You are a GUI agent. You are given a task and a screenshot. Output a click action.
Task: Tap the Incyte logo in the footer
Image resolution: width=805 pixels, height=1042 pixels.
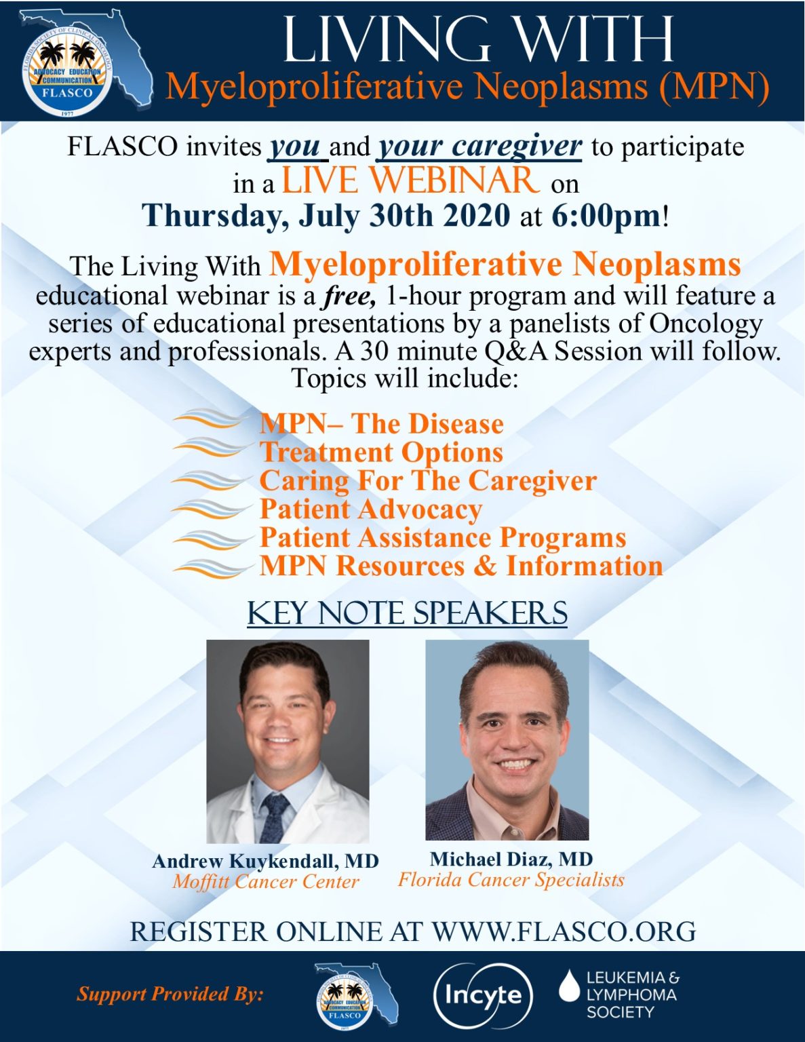coord(483,995)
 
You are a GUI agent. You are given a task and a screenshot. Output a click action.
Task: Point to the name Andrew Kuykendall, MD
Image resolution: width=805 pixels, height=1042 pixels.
coord(265,861)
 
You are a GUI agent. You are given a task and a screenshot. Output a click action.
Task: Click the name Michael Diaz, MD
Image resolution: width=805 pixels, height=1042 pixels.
coord(511,859)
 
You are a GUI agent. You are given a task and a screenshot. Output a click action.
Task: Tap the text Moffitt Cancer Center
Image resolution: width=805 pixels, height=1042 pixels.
coord(265,881)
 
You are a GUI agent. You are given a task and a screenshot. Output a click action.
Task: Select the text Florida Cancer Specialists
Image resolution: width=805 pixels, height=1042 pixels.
coord(511,879)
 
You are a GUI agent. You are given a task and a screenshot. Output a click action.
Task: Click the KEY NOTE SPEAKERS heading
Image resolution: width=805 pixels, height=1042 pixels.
coord(407,613)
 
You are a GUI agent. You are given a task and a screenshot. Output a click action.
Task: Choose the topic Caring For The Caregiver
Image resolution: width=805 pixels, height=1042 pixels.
coord(428,480)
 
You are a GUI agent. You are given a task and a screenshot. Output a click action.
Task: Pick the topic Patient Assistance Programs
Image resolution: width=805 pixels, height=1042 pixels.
coord(442,537)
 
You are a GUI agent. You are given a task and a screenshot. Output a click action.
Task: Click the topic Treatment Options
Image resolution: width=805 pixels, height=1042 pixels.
coord(381,452)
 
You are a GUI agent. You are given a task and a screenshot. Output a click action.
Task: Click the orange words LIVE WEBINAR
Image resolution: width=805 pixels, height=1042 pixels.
coord(410,180)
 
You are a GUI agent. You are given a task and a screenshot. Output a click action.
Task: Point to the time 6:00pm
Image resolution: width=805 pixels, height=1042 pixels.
coord(606,216)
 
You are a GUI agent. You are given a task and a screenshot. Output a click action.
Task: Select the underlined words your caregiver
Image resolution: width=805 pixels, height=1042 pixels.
coord(479,146)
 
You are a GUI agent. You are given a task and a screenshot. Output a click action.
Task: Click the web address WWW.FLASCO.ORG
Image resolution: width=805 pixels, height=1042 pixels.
coord(564,931)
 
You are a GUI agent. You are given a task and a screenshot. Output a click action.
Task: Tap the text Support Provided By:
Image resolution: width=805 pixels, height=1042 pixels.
coord(170,994)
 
